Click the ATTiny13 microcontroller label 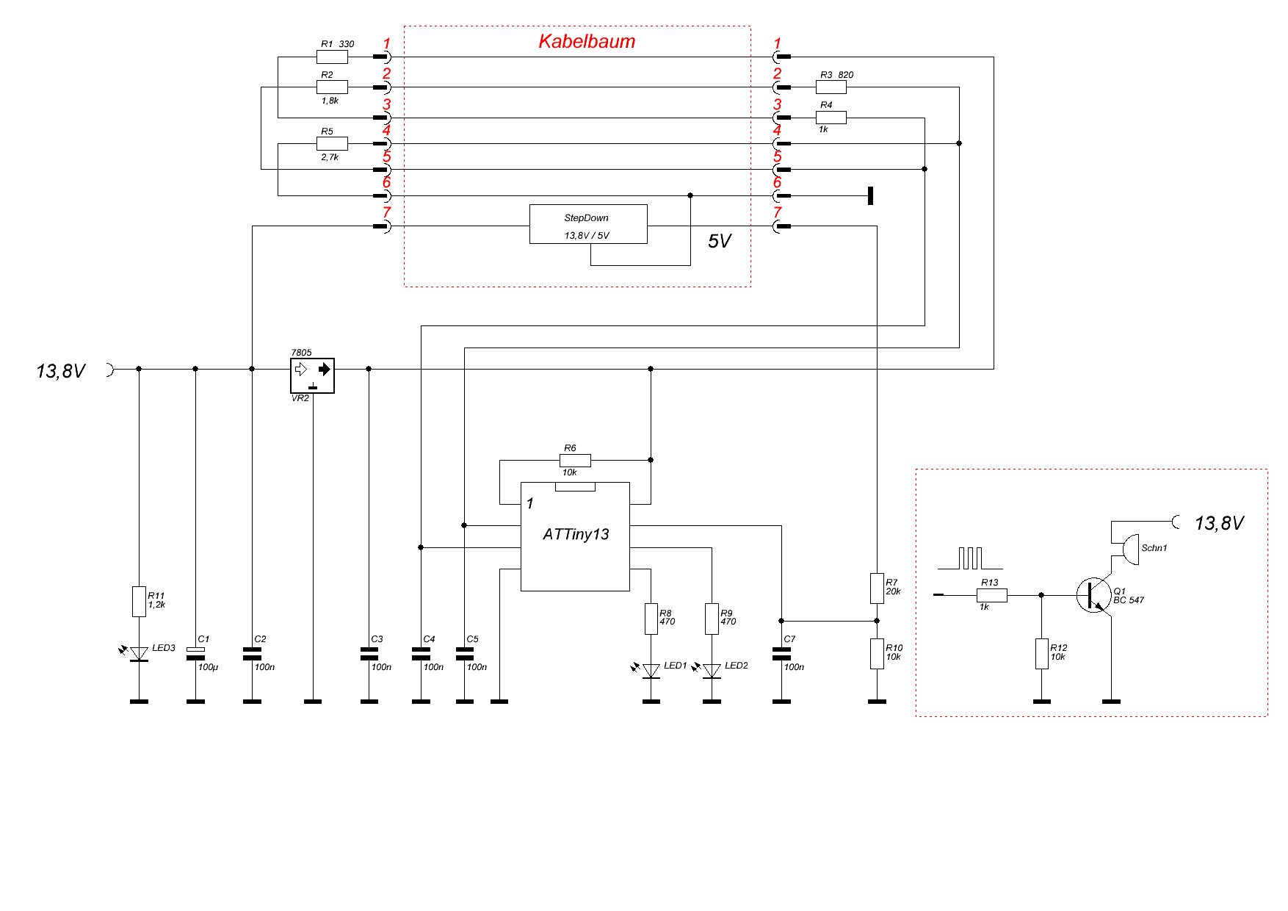(x=576, y=534)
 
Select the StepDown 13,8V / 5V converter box (x=587, y=224)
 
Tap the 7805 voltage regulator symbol (x=312, y=375)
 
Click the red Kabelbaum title (x=587, y=42)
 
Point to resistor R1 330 (x=332, y=57)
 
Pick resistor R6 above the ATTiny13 (x=575, y=460)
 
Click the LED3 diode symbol (x=139, y=654)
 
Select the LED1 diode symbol (x=651, y=671)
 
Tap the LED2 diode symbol (x=712, y=671)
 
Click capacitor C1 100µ (x=195, y=653)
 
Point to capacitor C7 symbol (x=781, y=653)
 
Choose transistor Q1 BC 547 (x=1094, y=595)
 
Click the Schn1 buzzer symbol (x=1131, y=549)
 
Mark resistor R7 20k (x=877, y=588)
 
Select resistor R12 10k (x=1041, y=653)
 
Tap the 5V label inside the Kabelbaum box (x=720, y=242)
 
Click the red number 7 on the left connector (x=387, y=213)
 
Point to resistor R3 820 (x=831, y=87)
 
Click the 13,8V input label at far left (x=61, y=372)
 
